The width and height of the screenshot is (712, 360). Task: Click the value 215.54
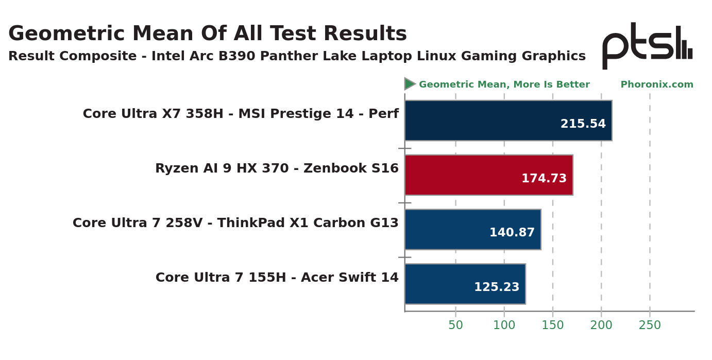583,124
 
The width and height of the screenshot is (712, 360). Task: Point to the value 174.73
544,179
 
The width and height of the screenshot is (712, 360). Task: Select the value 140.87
512,233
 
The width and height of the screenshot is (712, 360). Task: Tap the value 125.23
497,287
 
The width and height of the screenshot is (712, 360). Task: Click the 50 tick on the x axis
455,325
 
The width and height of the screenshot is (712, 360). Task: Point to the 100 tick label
504,325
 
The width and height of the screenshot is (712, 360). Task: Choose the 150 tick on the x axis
553,325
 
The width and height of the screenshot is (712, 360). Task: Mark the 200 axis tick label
601,325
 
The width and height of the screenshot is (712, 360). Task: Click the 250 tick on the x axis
650,325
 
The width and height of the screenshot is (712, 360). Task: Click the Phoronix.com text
657,85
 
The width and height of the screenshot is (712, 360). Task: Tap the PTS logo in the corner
647,45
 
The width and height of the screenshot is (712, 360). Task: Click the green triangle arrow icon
410,84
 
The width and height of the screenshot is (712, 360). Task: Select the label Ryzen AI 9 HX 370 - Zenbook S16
277,168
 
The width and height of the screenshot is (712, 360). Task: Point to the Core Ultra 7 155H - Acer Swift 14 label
277,278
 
